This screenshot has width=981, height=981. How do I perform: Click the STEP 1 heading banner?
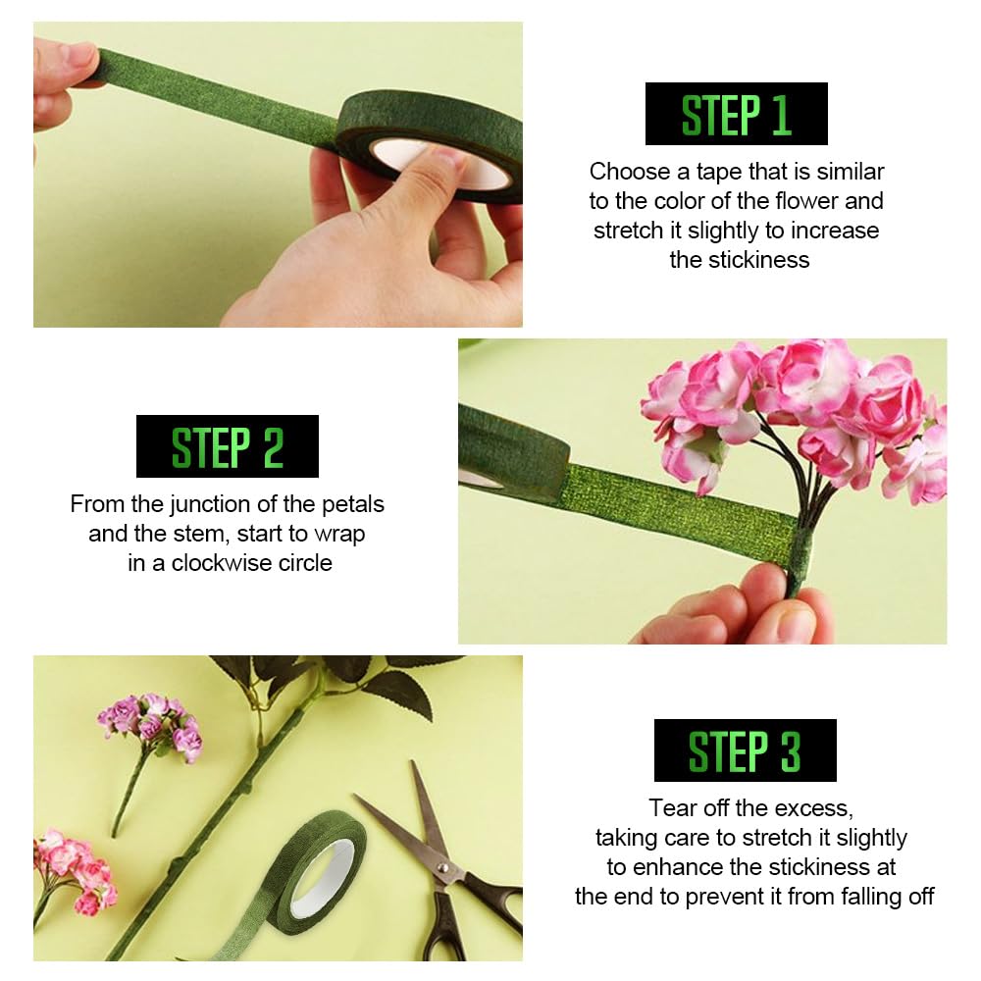[x=737, y=114]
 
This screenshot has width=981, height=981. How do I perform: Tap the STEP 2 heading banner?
[x=228, y=446]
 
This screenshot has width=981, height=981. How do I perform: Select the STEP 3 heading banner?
[x=746, y=750]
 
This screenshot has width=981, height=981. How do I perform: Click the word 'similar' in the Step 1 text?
[x=851, y=172]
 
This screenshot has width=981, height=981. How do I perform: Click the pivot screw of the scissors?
[x=443, y=867]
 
